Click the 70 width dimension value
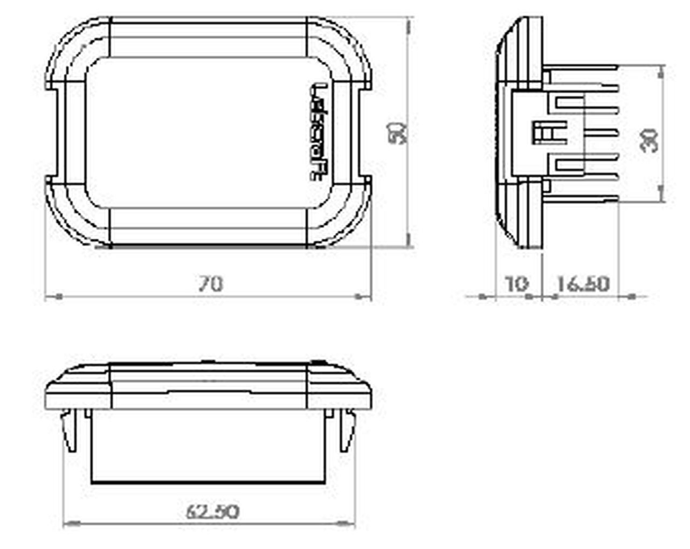tap(210, 283)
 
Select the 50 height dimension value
tap(398, 133)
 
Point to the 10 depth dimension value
tap(518, 283)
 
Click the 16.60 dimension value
tap(582, 283)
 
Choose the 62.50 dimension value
tap(212, 511)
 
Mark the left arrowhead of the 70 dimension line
tap(54, 296)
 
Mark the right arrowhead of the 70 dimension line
tap(363, 296)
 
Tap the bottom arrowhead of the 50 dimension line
tap(408, 239)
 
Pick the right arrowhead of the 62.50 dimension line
tap(346, 523)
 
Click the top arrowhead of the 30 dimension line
tap(661, 74)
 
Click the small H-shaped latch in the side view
tap(543, 133)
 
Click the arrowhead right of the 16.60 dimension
tap(629, 296)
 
